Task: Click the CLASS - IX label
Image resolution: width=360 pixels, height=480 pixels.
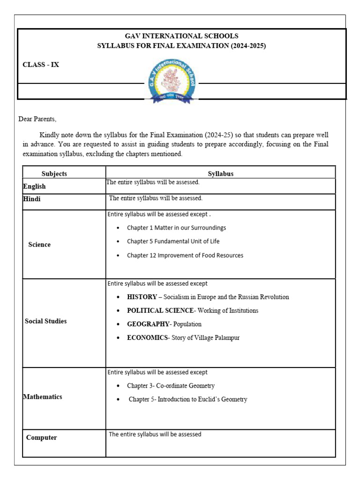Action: pyautogui.click(x=41, y=65)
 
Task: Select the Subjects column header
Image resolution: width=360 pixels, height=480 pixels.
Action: pyautogui.click(x=54, y=173)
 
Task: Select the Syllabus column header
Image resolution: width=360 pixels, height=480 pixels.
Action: pyautogui.click(x=220, y=173)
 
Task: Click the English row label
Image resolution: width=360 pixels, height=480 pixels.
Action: pyautogui.click(x=34, y=187)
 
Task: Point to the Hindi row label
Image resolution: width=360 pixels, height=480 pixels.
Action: pyautogui.click(x=32, y=199)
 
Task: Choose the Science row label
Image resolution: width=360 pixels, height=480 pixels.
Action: pyautogui.click(x=39, y=245)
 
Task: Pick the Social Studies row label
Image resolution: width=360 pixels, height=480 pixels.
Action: pyautogui.click(x=45, y=321)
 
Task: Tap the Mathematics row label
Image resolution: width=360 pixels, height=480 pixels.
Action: pyautogui.click(x=43, y=397)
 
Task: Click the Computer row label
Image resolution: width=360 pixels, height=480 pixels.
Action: pyautogui.click(x=42, y=437)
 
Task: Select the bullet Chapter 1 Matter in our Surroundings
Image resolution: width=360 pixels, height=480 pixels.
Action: pyautogui.click(x=176, y=228)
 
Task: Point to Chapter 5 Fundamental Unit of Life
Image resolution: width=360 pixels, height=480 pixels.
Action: pyautogui.click(x=173, y=241)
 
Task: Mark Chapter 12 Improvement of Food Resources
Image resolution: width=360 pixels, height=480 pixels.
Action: pyautogui.click(x=185, y=255)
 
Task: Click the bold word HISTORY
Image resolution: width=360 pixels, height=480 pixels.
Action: pyautogui.click(x=142, y=297)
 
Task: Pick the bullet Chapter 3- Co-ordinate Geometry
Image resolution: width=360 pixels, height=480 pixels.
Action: pyautogui.click(x=171, y=386)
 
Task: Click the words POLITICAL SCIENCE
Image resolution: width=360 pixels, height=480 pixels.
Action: pyautogui.click(x=160, y=310)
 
